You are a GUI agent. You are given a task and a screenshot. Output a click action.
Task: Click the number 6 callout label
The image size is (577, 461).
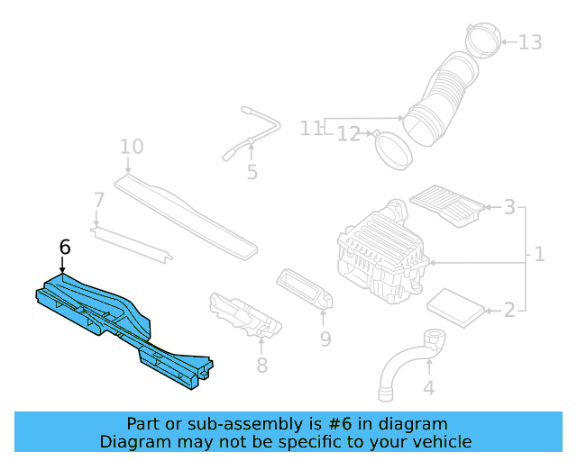pyautogui.click(x=64, y=247)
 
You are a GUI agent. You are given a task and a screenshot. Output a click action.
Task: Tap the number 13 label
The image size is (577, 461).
pyautogui.click(x=530, y=41)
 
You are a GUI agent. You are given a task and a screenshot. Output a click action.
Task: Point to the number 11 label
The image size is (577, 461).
pyautogui.click(x=311, y=129)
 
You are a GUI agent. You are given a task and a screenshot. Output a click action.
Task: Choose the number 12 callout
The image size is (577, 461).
pyautogui.click(x=349, y=134)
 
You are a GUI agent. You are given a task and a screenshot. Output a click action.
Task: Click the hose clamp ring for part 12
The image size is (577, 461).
pyautogui.click(x=393, y=149)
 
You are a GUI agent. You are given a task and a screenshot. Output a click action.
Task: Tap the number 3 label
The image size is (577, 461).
pyautogui.click(x=509, y=209)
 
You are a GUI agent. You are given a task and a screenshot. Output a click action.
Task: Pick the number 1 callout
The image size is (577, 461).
pyautogui.click(x=539, y=255)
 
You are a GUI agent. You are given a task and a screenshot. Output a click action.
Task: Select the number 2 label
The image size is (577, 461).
pyautogui.click(x=509, y=311)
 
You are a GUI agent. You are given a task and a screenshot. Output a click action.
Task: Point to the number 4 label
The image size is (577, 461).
pyautogui.click(x=429, y=389)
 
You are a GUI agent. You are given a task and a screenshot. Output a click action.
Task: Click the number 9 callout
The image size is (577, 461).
pyautogui.click(x=325, y=339)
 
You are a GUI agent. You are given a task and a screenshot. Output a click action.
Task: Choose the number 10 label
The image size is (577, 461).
pyautogui.click(x=132, y=147)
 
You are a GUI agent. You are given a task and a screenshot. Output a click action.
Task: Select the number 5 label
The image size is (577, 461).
pyautogui.click(x=252, y=171)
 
